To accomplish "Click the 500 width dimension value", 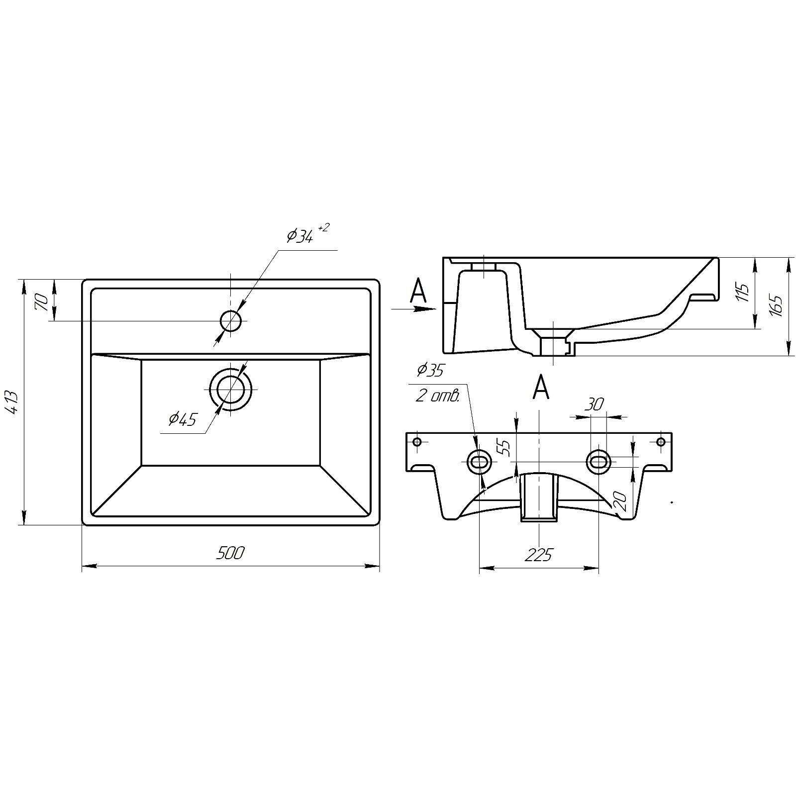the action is point(230,553).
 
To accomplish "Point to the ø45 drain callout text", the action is point(183,419).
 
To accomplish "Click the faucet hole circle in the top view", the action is point(231,321).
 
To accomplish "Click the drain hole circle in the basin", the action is point(231,390).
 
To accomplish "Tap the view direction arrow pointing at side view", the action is point(414,309).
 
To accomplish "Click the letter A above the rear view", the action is point(541,387).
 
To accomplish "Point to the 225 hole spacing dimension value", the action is point(538,554).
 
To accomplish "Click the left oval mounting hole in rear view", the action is point(479,462).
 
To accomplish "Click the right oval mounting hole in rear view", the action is point(599,462).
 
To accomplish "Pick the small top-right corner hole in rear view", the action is point(661,442).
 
